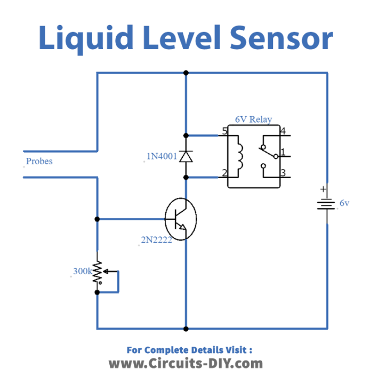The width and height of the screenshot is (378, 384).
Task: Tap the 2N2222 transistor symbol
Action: point(180,218)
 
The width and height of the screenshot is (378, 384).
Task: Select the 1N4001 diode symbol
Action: point(186,156)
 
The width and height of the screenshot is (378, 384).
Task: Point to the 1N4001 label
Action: point(162,156)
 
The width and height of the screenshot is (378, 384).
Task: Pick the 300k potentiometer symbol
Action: point(98,276)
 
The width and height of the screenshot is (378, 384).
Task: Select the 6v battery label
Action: point(344,203)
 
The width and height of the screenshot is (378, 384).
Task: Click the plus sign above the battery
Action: point(323,189)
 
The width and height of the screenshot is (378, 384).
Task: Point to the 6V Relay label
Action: point(253,119)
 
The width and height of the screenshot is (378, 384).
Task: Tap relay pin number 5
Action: point(224,131)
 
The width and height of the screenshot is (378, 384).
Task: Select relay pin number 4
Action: point(283,131)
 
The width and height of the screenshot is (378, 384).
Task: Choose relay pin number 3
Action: point(283,173)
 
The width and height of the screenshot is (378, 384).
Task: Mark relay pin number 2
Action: point(224,173)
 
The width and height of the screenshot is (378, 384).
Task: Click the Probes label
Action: point(39,161)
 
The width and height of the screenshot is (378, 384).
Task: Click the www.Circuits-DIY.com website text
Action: point(186,364)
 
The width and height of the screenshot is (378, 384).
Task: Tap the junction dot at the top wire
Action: point(186,73)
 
